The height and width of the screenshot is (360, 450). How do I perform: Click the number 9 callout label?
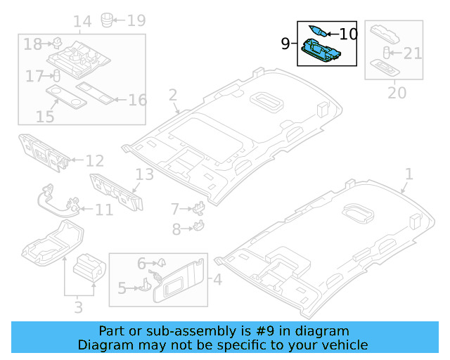[285, 44]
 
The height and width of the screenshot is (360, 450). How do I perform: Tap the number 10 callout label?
[348, 33]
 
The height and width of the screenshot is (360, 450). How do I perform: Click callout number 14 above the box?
[82, 22]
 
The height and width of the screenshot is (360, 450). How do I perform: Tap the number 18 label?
[32, 44]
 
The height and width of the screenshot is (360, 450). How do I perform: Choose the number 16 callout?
[137, 100]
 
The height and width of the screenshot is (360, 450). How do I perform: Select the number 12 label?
[95, 161]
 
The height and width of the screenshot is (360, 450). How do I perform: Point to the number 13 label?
[143, 175]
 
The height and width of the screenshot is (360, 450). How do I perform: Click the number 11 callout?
[103, 209]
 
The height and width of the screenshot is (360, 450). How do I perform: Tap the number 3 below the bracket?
[78, 307]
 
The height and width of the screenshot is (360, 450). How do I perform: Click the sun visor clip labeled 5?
[145, 282]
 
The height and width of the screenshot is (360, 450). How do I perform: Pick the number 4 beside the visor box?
[217, 281]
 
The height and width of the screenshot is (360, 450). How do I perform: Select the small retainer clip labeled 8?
[198, 226]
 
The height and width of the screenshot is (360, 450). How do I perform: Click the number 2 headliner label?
[172, 95]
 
